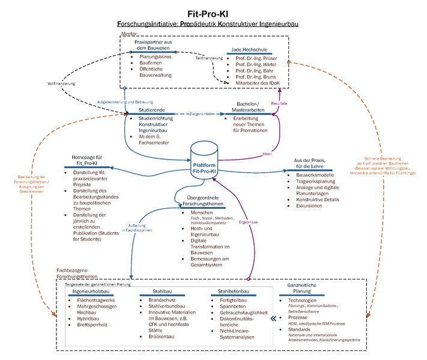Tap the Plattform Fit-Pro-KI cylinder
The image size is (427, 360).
pyautogui.click(x=204, y=161)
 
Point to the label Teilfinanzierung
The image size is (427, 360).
pyautogui.click(x=209, y=58)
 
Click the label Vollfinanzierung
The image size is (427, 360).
pyautogui.click(x=60, y=83)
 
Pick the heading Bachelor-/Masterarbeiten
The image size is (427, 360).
pyautogui.click(x=248, y=107)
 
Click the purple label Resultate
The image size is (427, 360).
pyautogui.click(x=279, y=103)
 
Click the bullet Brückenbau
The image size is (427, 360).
pyautogui.click(x=160, y=338)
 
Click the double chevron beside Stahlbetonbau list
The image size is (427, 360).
pyautogui.click(x=275, y=319)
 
